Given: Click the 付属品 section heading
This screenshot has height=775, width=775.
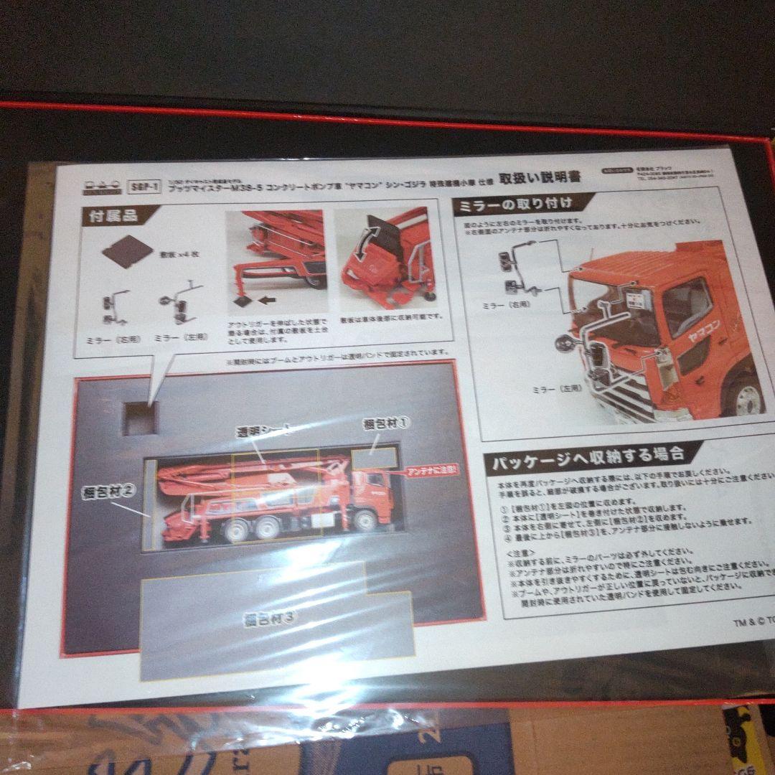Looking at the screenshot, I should click(x=113, y=215).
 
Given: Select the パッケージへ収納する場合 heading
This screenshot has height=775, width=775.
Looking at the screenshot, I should click(x=587, y=456).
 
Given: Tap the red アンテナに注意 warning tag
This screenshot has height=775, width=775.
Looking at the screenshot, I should click(x=432, y=471).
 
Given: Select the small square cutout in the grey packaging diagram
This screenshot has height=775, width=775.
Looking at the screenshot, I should click(x=141, y=418).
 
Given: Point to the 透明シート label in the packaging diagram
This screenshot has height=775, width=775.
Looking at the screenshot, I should click(x=266, y=431).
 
